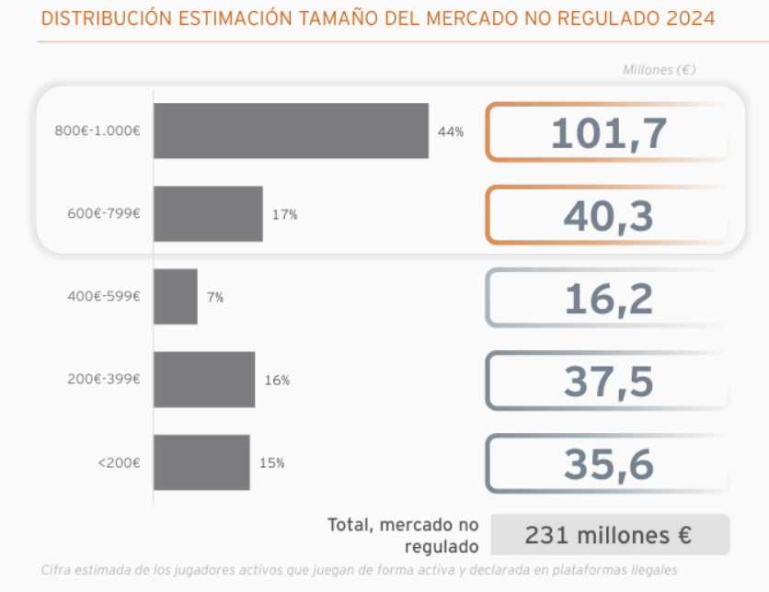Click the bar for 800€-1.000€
[x=291, y=131]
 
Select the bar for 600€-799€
[x=208, y=214]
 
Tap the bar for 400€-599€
[x=176, y=296]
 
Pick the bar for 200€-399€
[x=204, y=379]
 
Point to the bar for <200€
[x=201, y=462]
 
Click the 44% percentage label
[x=451, y=131]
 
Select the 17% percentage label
[x=284, y=214]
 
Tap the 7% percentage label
[x=215, y=297]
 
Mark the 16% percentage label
[x=277, y=380]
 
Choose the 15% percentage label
[x=271, y=462]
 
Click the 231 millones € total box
[x=610, y=534]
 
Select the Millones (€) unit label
[x=659, y=70]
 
